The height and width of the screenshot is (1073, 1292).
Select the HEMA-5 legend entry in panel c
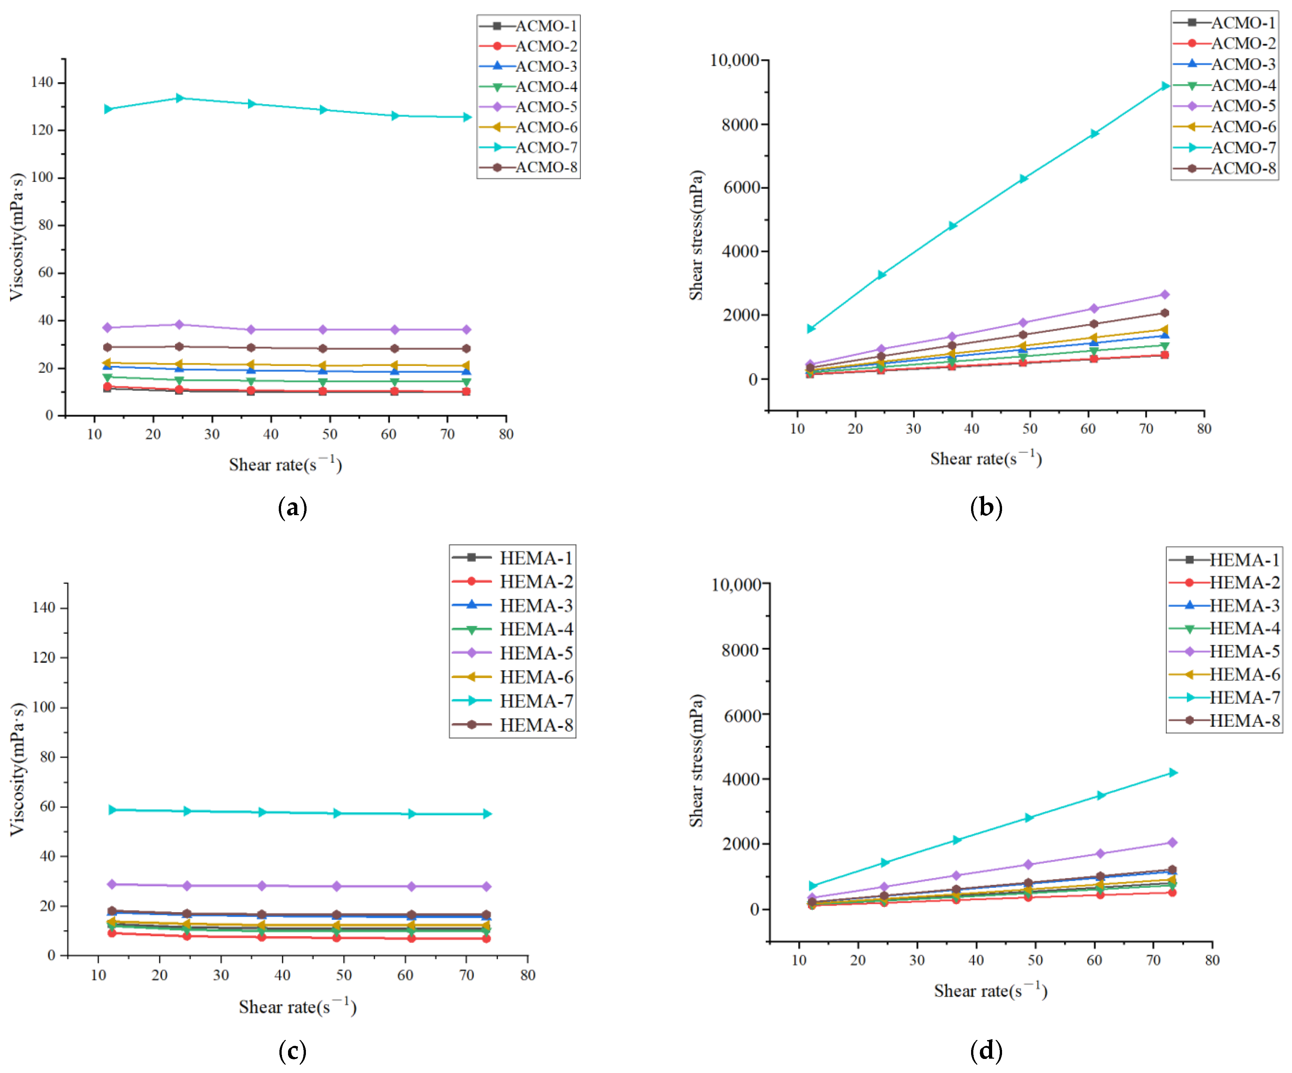514,653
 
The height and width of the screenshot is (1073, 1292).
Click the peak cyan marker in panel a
180,98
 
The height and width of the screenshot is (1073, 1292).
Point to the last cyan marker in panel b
1165,86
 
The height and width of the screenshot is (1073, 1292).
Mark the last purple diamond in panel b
1165,295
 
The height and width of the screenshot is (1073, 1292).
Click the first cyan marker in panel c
112,810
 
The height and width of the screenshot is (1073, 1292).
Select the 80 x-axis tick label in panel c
527,975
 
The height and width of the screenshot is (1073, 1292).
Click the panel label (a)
292,508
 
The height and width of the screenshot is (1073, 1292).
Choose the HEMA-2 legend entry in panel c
514,582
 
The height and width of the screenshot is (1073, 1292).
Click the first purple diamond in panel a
108,327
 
